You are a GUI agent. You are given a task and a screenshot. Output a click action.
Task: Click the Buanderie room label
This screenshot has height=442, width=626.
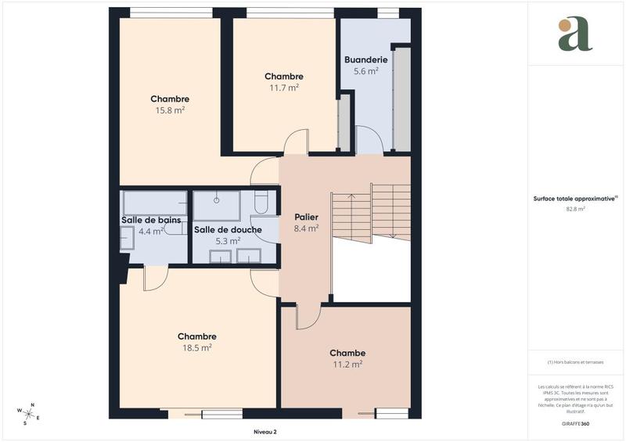[x=366, y=59]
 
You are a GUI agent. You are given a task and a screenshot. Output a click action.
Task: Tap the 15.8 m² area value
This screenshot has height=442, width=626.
[x=170, y=110]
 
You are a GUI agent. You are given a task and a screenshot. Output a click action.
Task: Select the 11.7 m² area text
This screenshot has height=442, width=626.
[x=284, y=88]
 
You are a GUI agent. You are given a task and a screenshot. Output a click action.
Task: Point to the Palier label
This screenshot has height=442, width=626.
[x=306, y=217]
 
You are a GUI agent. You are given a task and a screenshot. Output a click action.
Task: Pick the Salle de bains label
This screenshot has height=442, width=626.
[x=151, y=220]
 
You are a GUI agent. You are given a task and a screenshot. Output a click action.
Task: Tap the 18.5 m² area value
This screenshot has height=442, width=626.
[x=196, y=347]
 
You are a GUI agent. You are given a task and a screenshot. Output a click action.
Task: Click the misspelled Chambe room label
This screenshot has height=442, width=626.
[x=347, y=353]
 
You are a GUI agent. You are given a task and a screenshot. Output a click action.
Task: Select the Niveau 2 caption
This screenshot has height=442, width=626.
[x=265, y=431]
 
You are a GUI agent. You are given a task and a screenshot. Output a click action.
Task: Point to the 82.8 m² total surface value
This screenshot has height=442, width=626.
[x=575, y=209]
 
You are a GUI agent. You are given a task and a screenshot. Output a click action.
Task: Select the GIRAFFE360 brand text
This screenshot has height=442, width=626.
[x=575, y=422]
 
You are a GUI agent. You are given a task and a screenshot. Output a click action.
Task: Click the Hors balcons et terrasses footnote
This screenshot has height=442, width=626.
[x=575, y=361]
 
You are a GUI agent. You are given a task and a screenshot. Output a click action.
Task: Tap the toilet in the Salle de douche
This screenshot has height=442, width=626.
[x=262, y=203]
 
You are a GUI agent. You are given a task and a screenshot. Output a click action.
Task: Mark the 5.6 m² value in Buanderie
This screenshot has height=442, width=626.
[x=366, y=70]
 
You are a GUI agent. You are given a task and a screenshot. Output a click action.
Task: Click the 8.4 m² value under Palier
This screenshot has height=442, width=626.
[x=306, y=228]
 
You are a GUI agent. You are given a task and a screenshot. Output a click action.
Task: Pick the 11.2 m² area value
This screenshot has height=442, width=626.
[x=347, y=364]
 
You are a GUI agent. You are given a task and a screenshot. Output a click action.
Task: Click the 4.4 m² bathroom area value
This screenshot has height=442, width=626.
[x=151, y=232]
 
